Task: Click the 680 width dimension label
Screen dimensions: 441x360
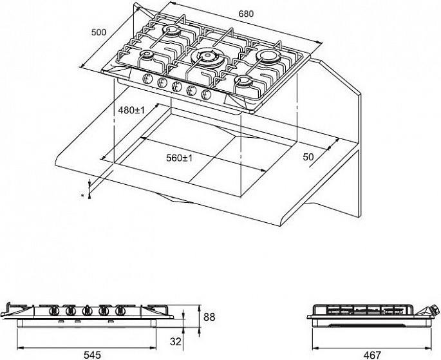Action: point(246,14)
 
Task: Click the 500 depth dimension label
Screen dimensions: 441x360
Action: point(99,32)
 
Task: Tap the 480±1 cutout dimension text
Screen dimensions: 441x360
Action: point(131,110)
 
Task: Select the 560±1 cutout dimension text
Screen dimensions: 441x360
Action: point(180,158)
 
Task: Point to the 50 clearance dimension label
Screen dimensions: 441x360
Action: point(308,157)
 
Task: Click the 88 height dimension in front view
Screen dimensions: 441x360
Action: point(209,317)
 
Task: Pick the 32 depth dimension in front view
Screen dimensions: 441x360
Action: point(176,342)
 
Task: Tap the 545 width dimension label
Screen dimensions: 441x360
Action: point(93,355)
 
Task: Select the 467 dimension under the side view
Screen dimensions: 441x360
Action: point(372,355)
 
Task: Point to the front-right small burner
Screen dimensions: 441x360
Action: point(243,81)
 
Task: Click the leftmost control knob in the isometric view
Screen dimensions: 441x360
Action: point(146,79)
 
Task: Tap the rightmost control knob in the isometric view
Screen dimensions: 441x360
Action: point(206,95)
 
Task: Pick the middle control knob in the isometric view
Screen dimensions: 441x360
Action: point(176,87)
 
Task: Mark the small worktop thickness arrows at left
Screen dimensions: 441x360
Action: point(89,189)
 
